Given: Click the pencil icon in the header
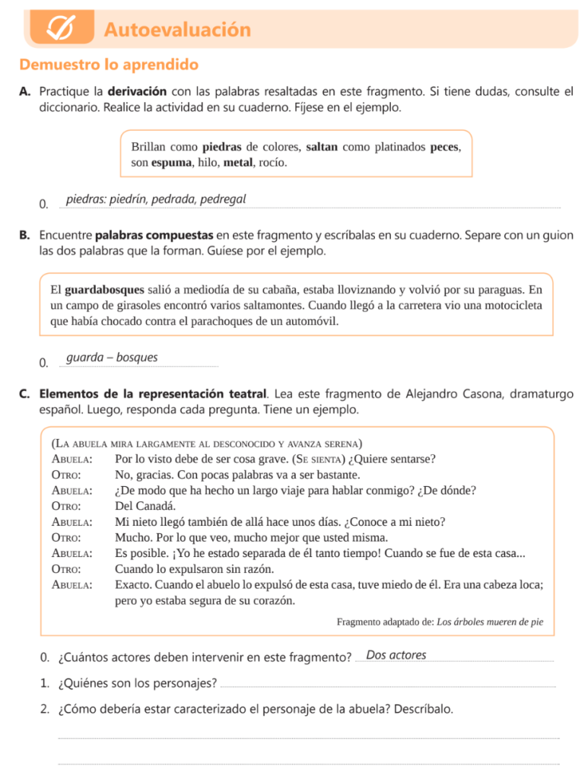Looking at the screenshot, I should click(60, 29).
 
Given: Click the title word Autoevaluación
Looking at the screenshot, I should click(177, 30).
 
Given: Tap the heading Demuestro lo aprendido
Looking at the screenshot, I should click(109, 65).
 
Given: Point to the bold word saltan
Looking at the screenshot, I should click(322, 146).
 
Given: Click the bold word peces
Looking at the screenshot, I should click(445, 146).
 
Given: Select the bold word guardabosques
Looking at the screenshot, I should click(104, 289).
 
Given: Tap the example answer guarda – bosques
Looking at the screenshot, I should click(112, 358).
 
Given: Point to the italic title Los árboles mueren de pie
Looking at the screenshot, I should click(490, 622).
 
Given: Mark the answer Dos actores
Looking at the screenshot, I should click(396, 655).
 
